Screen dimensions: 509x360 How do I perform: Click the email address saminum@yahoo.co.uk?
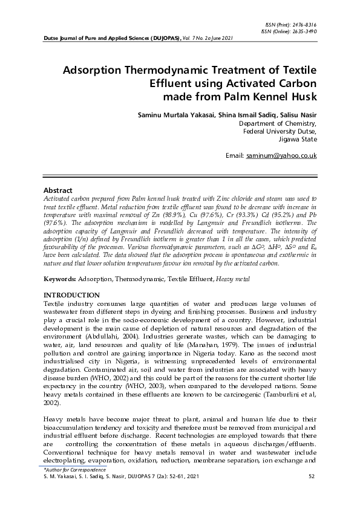[x=281, y=156]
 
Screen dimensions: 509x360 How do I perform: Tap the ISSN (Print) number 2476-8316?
[x=304, y=25]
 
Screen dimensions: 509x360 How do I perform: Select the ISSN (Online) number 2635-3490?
[x=304, y=31]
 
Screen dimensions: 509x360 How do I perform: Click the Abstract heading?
[x=59, y=190]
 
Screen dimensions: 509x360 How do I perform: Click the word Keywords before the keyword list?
[x=61, y=279]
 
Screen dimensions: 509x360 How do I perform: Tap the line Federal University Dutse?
[x=280, y=130]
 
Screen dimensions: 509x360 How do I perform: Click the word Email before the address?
[x=234, y=156]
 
